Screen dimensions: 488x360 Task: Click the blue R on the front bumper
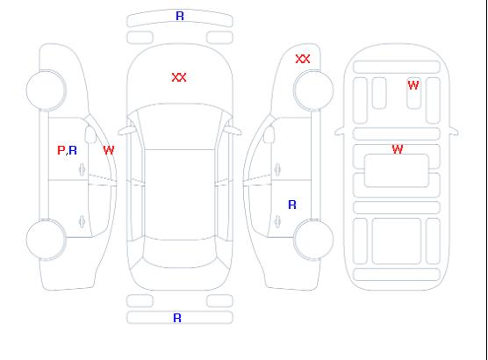pyautogui.click(x=180, y=16)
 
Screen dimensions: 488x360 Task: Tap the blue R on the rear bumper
pyautogui.click(x=177, y=318)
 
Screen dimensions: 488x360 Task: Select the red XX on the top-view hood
pyautogui.click(x=179, y=77)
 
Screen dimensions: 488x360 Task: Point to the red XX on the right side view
pyautogui.click(x=303, y=59)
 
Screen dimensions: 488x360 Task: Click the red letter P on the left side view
pyautogui.click(x=61, y=150)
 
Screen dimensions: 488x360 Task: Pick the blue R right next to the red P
pyautogui.click(x=73, y=150)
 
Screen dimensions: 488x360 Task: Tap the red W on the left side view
pyautogui.click(x=109, y=150)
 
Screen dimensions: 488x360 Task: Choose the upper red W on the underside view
pyautogui.click(x=413, y=85)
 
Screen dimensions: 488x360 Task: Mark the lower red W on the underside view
pyautogui.click(x=398, y=149)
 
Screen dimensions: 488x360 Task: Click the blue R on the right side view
pyautogui.click(x=292, y=205)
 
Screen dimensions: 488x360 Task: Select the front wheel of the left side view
pyautogui.click(x=46, y=90)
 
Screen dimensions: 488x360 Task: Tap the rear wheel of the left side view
pyautogui.click(x=46, y=240)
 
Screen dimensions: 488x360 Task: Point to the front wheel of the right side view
pyautogui.click(x=313, y=90)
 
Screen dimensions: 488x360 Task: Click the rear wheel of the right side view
pyautogui.click(x=313, y=240)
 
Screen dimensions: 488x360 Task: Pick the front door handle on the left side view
pyautogui.click(x=83, y=169)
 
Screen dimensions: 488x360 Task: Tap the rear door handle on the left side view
pyautogui.click(x=83, y=221)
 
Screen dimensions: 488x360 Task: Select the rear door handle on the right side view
pyautogui.click(x=277, y=221)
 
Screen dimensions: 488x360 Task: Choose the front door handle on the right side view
pyautogui.click(x=277, y=169)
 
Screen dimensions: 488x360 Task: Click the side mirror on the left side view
pyautogui.click(x=90, y=134)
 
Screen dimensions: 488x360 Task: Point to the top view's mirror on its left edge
pyautogui.click(x=126, y=131)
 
